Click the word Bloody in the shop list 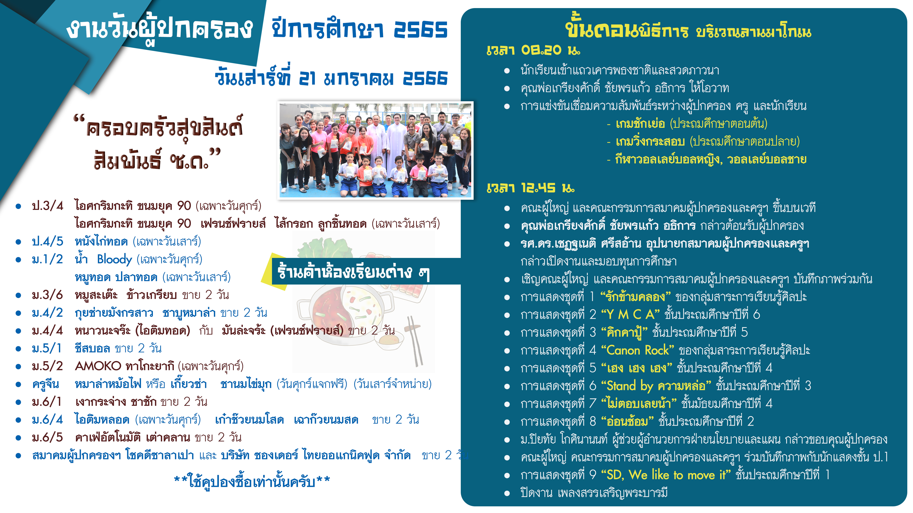114,260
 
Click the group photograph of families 375,150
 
